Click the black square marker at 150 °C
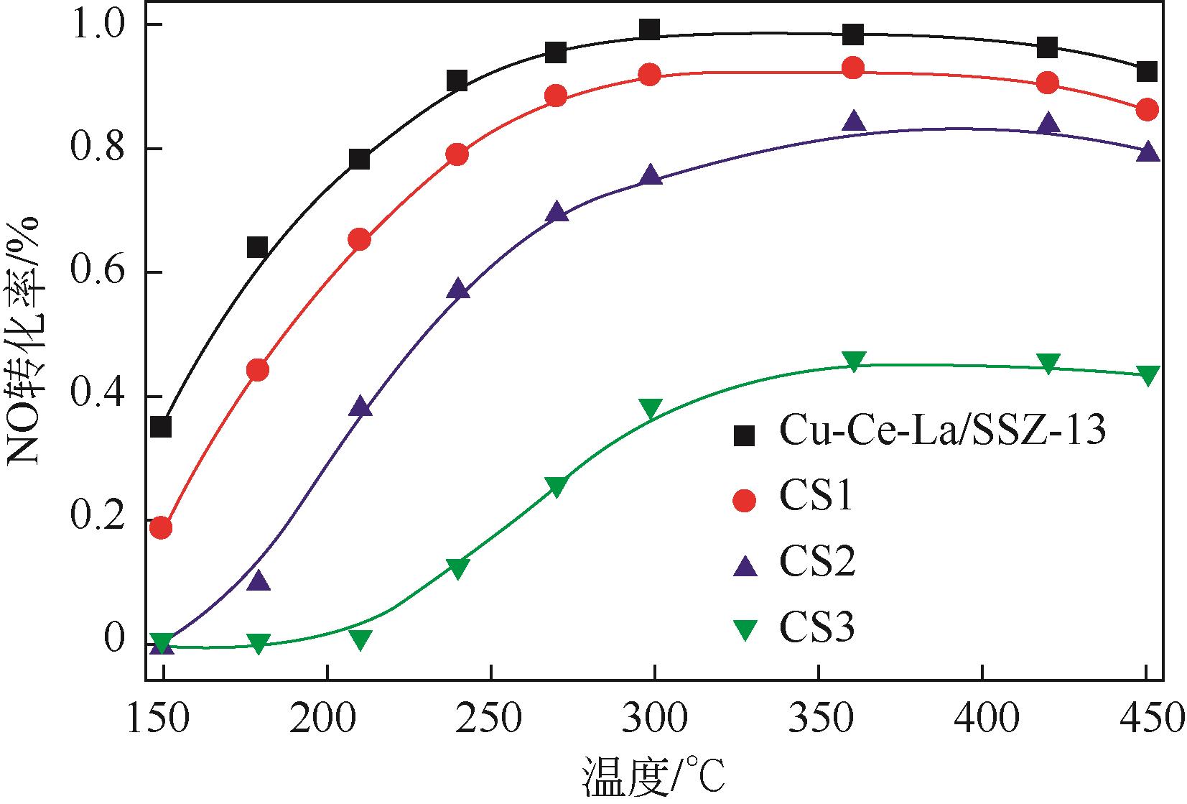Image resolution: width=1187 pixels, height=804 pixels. [162, 427]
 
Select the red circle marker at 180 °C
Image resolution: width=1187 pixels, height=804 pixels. [257, 370]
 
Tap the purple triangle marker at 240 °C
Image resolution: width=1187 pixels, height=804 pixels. [458, 290]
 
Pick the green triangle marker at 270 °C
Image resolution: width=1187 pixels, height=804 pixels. [556, 486]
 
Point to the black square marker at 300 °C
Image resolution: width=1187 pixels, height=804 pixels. [649, 29]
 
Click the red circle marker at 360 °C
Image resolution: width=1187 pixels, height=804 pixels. [852, 68]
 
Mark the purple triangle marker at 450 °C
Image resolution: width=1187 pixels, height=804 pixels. [1148, 152]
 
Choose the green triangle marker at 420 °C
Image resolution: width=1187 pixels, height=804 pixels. [1048, 364]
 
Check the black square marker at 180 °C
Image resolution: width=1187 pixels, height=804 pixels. [257, 248]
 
